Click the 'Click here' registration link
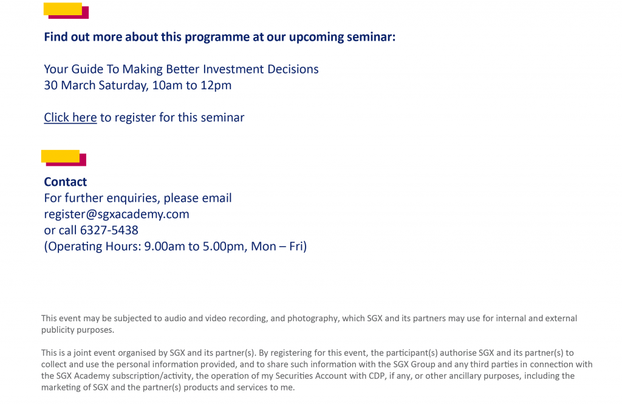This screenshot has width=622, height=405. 70,117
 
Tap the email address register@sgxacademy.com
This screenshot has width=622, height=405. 117,214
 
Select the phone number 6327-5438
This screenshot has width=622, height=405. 109,230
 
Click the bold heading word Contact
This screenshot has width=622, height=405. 65,182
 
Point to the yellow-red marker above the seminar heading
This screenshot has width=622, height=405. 66,11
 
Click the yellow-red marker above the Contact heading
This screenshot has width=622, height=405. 63,158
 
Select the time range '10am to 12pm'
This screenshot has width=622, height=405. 191,85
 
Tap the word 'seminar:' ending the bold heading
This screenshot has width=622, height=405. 371,37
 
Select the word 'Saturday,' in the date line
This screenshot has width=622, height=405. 123,86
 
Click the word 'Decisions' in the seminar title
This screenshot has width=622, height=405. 293,69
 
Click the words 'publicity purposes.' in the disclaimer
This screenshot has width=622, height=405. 78,330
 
